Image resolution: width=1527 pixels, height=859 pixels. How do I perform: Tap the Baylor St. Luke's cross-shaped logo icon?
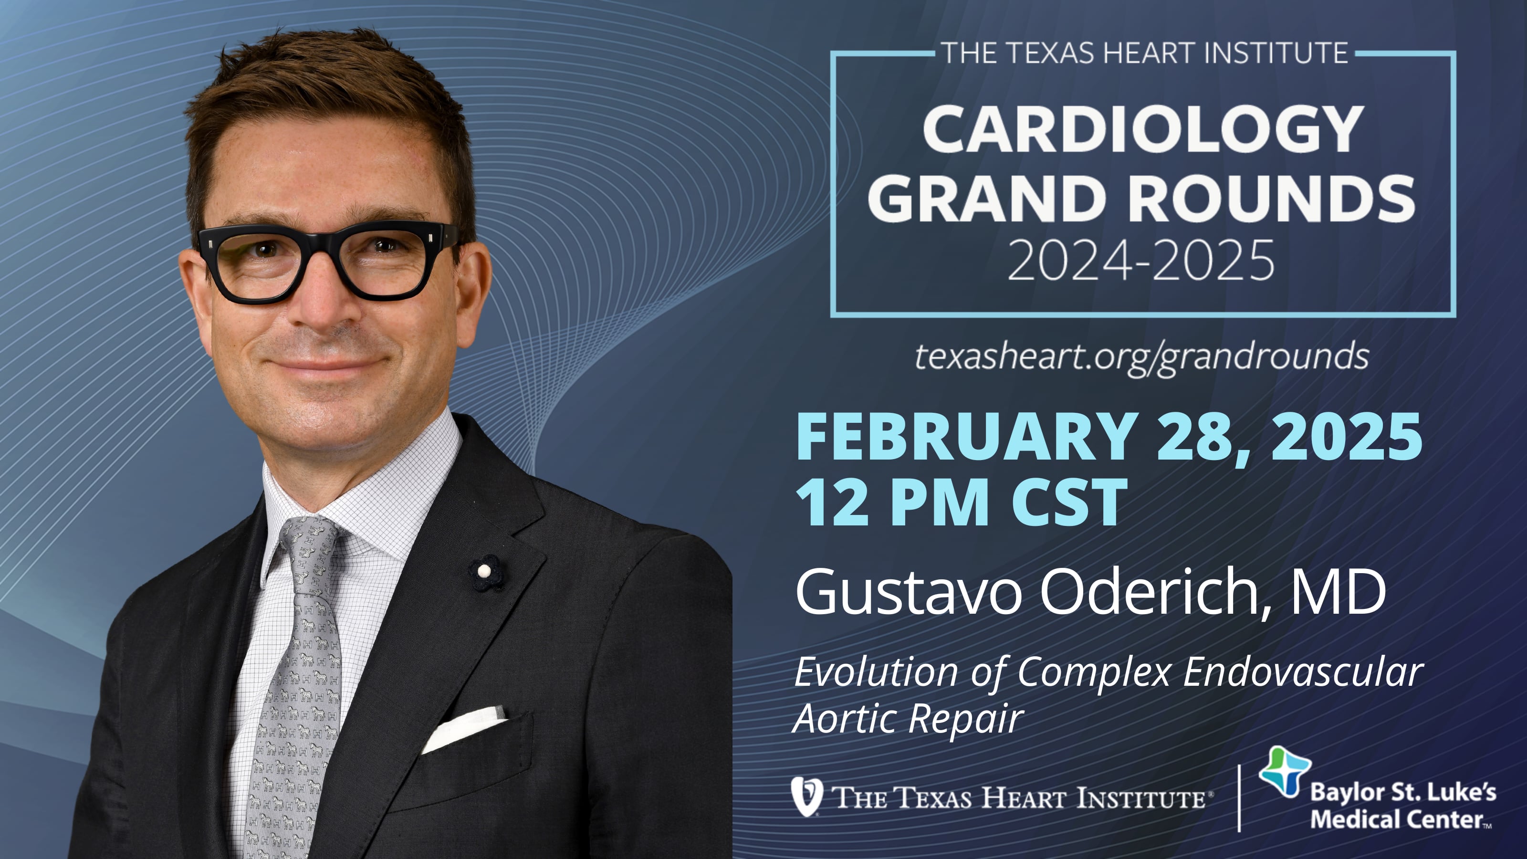[x=1284, y=771]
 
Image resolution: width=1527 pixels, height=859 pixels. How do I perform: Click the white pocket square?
[x=463, y=728]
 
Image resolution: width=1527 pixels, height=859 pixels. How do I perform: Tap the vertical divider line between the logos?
[x=1239, y=798]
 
